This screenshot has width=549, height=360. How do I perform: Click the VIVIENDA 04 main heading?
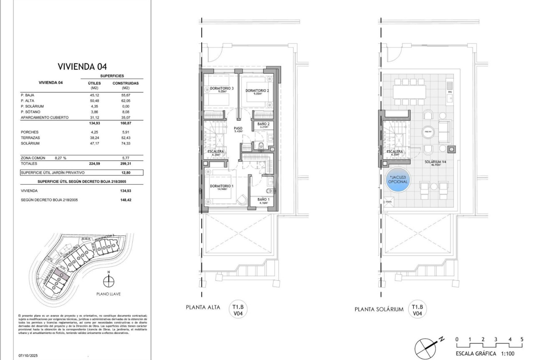[x=82, y=66]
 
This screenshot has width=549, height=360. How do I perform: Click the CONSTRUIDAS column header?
[x=125, y=83]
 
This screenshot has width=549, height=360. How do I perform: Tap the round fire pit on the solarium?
[x=428, y=131]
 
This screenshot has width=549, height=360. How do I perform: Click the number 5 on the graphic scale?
[x=522, y=339]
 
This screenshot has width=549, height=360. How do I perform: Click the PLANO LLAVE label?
[x=108, y=294]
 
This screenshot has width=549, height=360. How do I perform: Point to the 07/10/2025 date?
[x=28, y=356]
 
